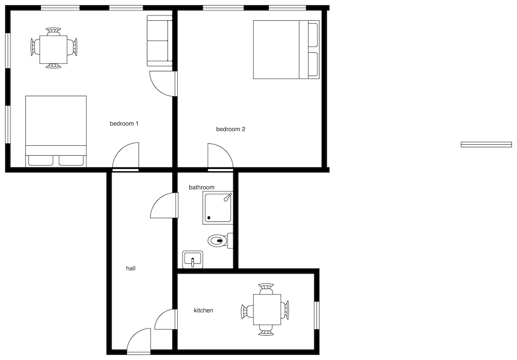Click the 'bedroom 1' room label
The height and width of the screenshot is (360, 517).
(124, 124)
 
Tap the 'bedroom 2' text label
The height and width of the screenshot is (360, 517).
(231, 129)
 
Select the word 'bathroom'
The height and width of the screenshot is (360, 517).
(202, 187)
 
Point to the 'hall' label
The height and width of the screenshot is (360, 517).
(131, 268)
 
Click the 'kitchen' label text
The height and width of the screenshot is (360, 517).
(203, 310)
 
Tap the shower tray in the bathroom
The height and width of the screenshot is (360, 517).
(218, 208)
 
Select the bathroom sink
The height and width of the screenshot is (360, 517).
(193, 259)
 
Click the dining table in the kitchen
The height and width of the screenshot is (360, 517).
(267, 309)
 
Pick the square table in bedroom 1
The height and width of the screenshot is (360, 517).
(53, 49)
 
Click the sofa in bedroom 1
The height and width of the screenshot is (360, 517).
(159, 40)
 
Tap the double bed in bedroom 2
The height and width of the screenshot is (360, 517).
(286, 50)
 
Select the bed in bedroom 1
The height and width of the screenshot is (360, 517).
(56, 131)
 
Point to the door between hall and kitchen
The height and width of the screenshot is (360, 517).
(165, 319)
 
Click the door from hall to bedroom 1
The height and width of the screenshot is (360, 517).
(126, 156)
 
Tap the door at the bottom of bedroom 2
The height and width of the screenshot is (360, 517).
(221, 156)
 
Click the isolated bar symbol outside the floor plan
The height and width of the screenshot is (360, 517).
(486, 144)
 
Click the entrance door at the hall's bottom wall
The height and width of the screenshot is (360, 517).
(139, 341)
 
